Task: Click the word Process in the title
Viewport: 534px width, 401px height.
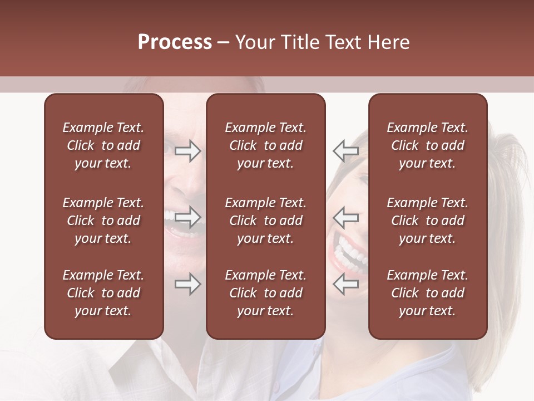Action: tap(175, 42)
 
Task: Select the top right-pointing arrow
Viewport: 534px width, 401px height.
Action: tap(187, 151)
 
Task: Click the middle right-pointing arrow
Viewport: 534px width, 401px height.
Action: tap(187, 217)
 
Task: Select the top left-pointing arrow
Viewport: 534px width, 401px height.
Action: tap(345, 150)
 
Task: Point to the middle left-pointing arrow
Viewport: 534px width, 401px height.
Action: tap(345, 217)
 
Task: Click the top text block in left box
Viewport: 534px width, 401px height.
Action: tap(103, 145)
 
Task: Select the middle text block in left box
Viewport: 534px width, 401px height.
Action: tap(103, 221)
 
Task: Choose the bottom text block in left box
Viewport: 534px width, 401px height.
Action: tap(103, 293)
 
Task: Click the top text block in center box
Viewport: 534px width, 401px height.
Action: tap(265, 145)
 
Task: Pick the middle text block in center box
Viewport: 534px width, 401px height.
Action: tap(265, 221)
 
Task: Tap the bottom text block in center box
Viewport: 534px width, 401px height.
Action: tap(265, 293)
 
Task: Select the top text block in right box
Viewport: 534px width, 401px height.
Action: tap(427, 145)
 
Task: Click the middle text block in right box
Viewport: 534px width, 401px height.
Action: tap(427, 221)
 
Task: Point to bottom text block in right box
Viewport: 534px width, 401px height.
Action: tap(427, 293)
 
